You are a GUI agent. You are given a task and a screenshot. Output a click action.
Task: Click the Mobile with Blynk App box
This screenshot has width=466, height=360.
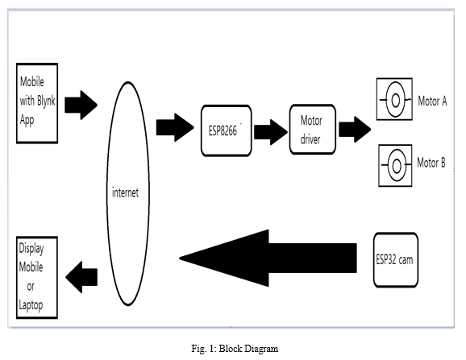click(x=37, y=103)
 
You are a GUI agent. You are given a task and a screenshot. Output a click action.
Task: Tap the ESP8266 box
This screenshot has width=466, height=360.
click(x=227, y=130)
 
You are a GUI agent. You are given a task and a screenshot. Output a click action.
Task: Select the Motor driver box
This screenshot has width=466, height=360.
click(x=313, y=130)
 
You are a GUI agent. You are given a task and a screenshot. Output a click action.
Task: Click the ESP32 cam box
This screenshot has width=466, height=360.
click(x=396, y=260)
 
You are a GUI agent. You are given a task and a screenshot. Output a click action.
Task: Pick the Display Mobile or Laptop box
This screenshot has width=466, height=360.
click(x=37, y=278)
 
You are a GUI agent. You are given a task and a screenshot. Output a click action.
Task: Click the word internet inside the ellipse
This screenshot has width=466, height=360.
click(x=125, y=192)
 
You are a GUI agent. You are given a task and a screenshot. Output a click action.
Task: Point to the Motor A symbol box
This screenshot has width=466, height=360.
click(x=394, y=99)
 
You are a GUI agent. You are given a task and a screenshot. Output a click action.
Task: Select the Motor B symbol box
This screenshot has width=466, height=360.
click(x=395, y=166)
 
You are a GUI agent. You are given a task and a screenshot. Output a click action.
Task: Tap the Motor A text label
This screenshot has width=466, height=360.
click(x=432, y=101)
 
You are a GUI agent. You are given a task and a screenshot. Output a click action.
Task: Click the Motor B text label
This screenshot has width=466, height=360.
click(x=431, y=163)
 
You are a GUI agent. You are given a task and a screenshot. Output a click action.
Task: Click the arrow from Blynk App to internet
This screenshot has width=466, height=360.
click(x=81, y=105)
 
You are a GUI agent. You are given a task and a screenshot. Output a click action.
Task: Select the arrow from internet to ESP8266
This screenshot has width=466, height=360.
click(x=175, y=127)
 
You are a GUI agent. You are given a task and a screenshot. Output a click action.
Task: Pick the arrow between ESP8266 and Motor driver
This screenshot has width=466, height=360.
click(x=271, y=132)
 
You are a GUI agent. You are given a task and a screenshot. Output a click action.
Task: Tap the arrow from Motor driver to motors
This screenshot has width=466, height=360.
click(x=355, y=130)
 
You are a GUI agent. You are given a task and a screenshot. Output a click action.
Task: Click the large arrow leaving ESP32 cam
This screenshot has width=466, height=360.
click(x=268, y=258)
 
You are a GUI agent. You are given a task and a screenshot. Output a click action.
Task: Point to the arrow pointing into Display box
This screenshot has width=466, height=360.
click(x=81, y=277)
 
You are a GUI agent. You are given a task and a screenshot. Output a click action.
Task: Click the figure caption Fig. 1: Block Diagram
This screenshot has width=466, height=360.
click(x=235, y=349)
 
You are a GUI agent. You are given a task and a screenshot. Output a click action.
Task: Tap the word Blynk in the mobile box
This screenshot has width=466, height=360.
click(x=46, y=101)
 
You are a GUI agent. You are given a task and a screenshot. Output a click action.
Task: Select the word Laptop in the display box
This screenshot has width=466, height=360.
click(x=31, y=305)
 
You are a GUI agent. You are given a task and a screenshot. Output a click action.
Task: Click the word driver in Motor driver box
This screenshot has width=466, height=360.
click(x=310, y=139)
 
